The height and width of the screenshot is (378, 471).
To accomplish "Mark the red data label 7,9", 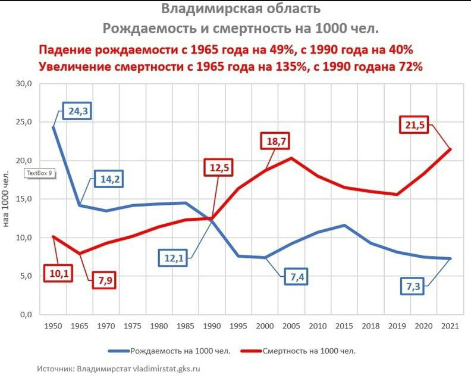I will click(x=105, y=280).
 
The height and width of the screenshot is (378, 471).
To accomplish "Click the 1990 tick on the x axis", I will click(x=211, y=326).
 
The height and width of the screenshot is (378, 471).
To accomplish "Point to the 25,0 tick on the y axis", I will click(x=24, y=122).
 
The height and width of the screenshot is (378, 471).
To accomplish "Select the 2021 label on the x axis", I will click(x=450, y=326).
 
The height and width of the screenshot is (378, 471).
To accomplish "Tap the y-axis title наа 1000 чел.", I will click(x=8, y=199).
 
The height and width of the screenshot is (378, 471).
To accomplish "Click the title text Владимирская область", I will click(x=241, y=9).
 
